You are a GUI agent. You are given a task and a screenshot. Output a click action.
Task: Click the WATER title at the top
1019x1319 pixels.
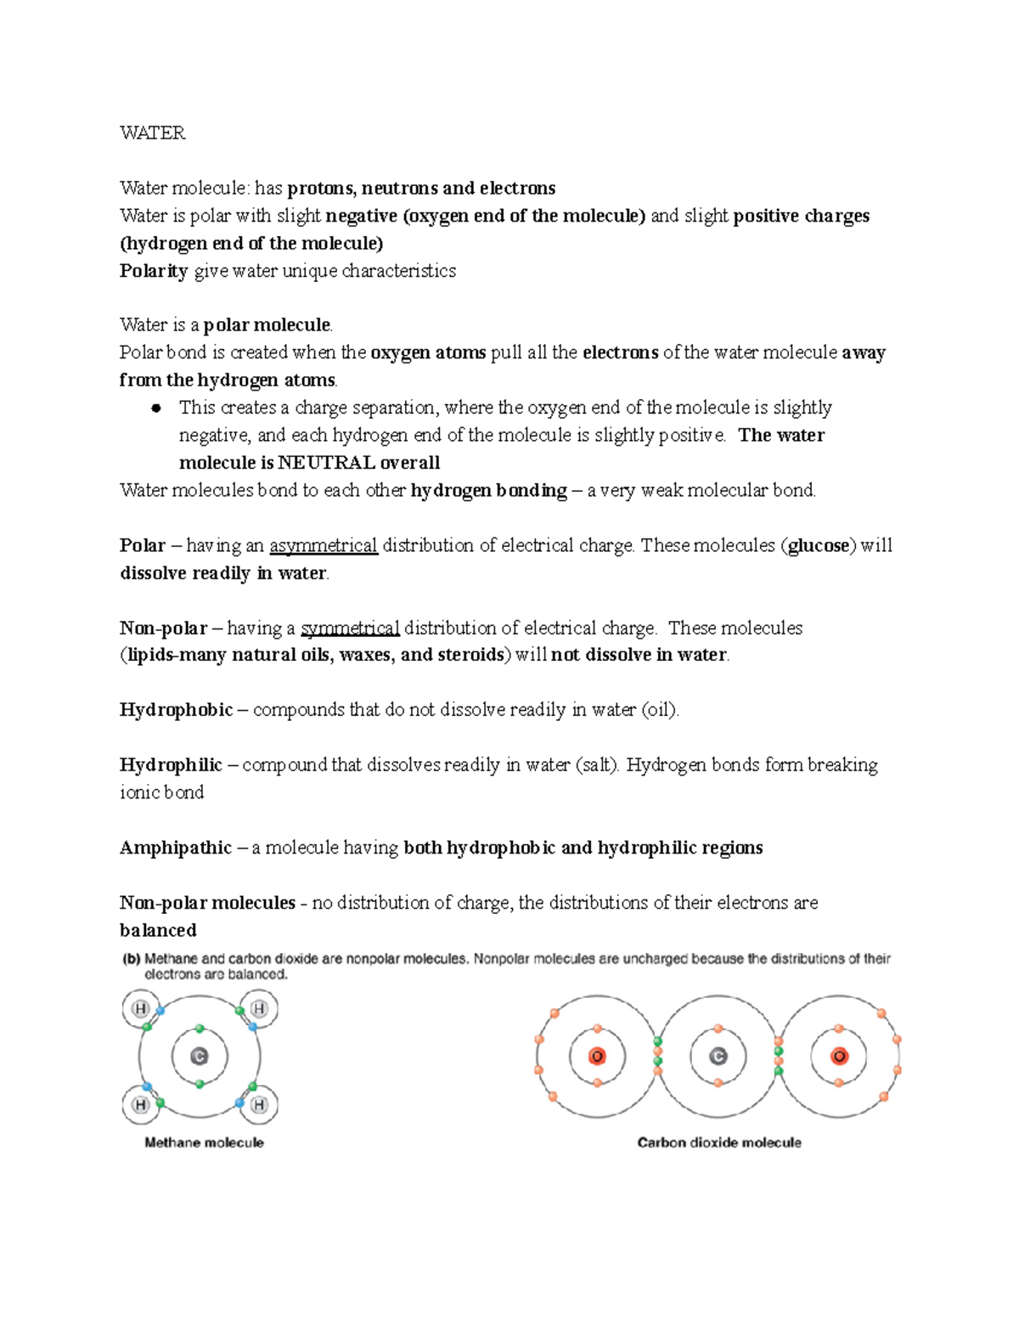[x=152, y=132]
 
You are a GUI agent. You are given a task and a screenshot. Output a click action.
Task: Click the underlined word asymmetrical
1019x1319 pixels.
[x=323, y=545]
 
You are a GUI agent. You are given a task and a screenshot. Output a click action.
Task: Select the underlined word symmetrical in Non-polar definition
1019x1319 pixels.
[x=350, y=628]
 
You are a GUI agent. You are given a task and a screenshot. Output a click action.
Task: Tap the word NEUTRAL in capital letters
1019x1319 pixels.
[x=326, y=463]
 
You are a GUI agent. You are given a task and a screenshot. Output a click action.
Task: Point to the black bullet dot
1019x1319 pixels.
[x=155, y=409]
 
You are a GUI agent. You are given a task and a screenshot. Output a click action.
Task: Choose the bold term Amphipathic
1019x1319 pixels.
[x=175, y=848]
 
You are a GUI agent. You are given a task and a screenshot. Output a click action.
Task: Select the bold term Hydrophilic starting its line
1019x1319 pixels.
[x=171, y=765]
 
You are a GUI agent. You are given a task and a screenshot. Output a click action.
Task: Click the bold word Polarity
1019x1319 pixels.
[x=154, y=271]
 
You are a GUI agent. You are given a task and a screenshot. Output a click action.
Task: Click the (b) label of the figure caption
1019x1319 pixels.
[x=131, y=959]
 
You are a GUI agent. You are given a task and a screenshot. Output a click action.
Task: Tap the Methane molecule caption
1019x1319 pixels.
[x=204, y=1143]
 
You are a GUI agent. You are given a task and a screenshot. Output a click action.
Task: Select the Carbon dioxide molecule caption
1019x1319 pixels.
[x=719, y=1143]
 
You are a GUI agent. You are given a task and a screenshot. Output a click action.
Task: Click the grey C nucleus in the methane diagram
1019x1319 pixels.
[x=200, y=1057]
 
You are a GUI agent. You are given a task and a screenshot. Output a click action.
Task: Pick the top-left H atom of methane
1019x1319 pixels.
[x=140, y=1009]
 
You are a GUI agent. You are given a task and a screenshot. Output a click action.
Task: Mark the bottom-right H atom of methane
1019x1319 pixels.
[x=259, y=1105]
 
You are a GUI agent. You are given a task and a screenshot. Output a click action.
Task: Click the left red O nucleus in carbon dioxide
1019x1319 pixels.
[x=597, y=1057]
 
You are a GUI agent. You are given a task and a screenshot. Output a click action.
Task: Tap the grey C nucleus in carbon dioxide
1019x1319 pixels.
[x=718, y=1057]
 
